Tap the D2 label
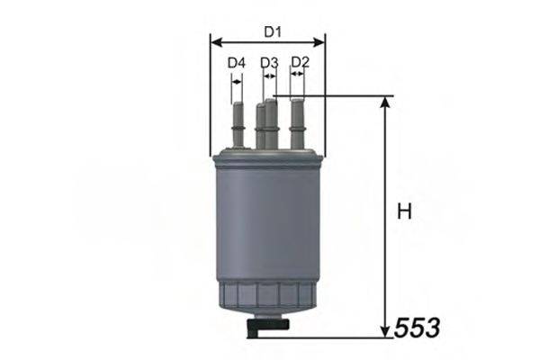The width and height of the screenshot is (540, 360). tap(301, 62)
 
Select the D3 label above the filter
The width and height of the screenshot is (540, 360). tap(269, 63)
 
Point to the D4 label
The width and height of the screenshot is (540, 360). tap(236, 63)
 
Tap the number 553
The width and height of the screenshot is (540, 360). tap(418, 328)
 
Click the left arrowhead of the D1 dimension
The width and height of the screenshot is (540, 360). tap(214, 41)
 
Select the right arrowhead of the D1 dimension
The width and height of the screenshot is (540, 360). tap(320, 41)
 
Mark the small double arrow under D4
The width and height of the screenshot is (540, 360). tap(237, 79)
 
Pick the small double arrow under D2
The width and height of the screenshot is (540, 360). tap(298, 79)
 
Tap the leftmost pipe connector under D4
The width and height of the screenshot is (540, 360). tap(238, 126)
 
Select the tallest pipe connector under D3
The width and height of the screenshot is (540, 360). tap(271, 122)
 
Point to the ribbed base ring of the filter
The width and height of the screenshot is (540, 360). tap(269, 293)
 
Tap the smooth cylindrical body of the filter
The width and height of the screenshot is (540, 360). tap(269, 225)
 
